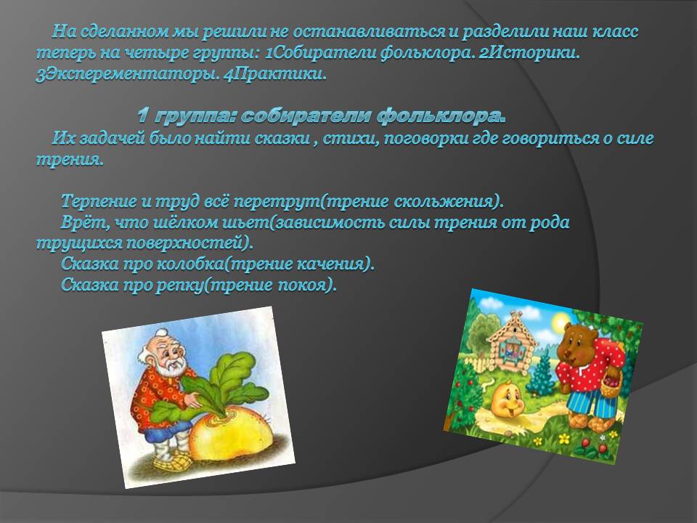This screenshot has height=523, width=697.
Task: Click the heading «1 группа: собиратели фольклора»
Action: point(322,115)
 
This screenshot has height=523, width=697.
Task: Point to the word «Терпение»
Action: point(99,201)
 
